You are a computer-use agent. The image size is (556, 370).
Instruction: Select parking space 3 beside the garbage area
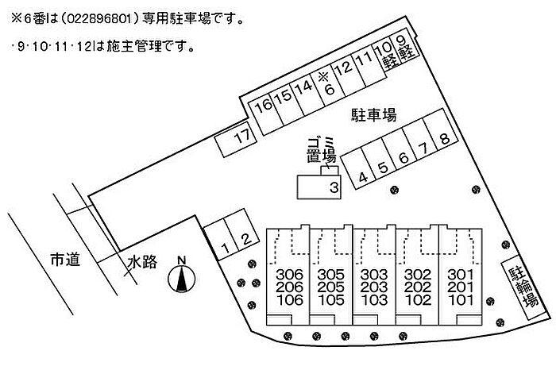[319, 187]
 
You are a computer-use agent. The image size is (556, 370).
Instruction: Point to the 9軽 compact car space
[405, 47]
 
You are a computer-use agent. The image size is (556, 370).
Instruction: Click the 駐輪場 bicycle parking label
[523, 287]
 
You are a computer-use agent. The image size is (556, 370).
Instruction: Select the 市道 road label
[65, 260]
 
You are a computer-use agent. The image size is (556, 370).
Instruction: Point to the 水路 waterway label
[142, 263]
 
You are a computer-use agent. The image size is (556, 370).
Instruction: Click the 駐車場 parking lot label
[374, 115]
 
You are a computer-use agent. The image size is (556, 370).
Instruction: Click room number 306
[290, 274]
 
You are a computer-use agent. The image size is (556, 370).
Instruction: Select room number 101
[461, 300]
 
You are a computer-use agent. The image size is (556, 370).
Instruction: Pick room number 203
[374, 287]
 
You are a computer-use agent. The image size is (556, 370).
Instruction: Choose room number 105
[331, 300]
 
